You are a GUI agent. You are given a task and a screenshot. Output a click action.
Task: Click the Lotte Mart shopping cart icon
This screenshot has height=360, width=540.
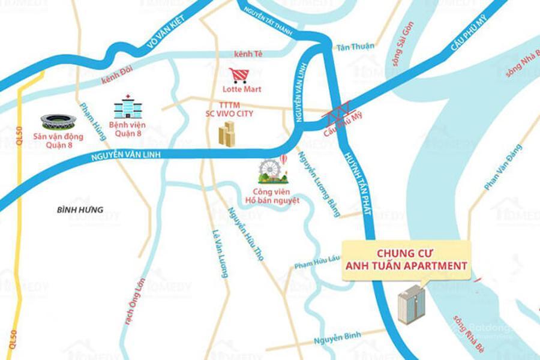point(239,76)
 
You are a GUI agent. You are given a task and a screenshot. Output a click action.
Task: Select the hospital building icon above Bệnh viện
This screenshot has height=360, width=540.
point(128,108)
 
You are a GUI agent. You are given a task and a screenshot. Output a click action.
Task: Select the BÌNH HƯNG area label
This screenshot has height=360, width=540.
point(80,210)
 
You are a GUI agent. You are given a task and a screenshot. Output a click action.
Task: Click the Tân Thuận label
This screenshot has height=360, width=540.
point(355,46)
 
